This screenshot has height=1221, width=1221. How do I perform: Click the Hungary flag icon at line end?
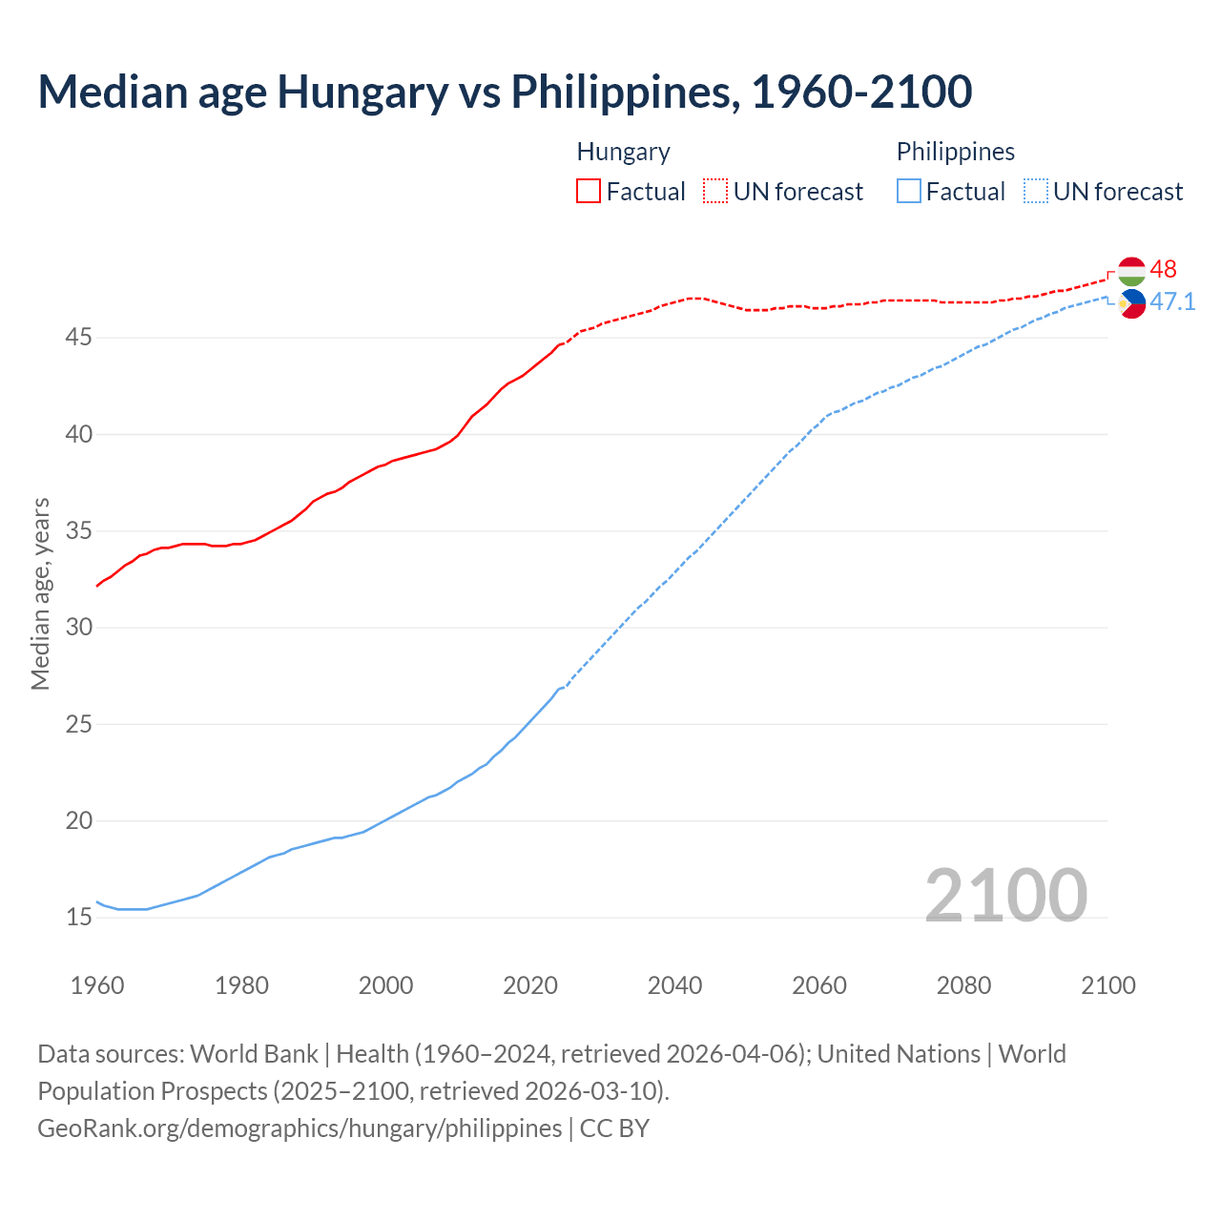1131,271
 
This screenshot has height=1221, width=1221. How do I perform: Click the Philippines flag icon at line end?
1131,304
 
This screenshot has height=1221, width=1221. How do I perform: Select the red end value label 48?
1164,270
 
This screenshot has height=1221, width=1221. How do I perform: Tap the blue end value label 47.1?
1172,302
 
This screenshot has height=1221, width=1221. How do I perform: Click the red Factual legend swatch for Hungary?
589,192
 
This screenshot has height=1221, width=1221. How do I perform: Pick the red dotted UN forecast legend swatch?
715,192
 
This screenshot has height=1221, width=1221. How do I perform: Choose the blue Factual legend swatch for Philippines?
908,192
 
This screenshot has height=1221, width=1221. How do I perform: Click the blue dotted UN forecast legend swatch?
1035,192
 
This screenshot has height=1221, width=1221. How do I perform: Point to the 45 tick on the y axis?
79,338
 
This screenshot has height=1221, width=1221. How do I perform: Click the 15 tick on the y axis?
79,918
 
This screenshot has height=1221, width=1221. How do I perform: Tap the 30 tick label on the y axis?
79,628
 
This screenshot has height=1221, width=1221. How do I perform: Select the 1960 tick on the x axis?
97,985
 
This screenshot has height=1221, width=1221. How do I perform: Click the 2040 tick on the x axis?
674,985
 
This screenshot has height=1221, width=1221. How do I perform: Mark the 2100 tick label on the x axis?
1108,985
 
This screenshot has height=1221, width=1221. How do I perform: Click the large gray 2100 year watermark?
1006,896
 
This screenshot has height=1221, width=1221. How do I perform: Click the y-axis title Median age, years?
40,593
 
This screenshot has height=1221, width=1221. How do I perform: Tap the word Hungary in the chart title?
362,92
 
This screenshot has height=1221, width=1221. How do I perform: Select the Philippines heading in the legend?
955,152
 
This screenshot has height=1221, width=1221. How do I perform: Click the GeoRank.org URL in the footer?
300,1128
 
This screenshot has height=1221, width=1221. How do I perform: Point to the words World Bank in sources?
254,1054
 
